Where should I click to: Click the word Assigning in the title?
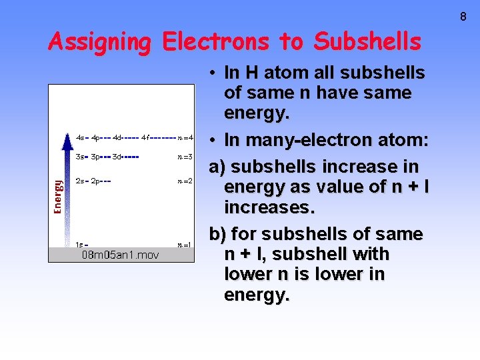pyautogui.click(x=100, y=42)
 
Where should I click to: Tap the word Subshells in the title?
pyautogui.click(x=367, y=42)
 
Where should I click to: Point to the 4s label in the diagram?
pyautogui.click(x=80, y=138)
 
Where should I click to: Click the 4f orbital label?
pyautogui.click(x=145, y=138)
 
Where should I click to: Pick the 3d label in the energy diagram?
pyautogui.click(x=117, y=157)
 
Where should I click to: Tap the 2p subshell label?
pyautogui.click(x=95, y=181)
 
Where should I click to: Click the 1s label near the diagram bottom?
pyautogui.click(x=79, y=244)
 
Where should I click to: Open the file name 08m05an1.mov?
pyautogui.click(x=120, y=255)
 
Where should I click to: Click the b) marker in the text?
pyautogui.click(x=217, y=235)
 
